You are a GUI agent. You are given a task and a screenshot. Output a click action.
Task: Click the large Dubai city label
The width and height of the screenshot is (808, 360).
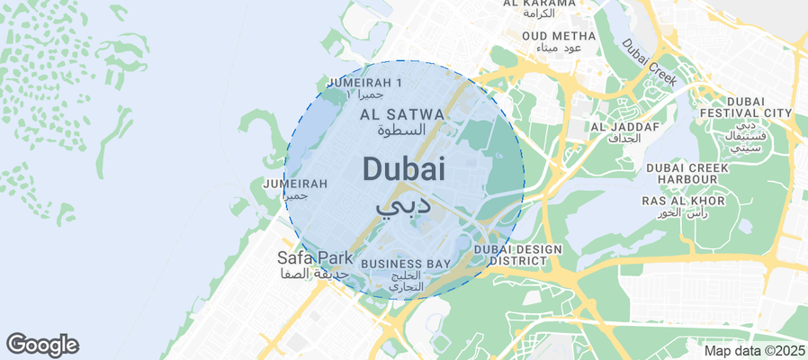pyautogui.click(x=404, y=169)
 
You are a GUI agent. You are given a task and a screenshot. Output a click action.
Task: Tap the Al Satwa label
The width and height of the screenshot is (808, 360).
pyautogui.click(x=402, y=114)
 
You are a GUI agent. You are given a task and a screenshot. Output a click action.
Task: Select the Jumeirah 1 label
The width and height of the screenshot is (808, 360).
pyautogui.click(x=365, y=83)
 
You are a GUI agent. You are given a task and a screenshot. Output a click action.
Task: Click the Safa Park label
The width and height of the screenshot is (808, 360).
pyautogui.click(x=315, y=258)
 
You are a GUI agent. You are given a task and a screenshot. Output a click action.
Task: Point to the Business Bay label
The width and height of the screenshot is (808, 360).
pyautogui.click(x=405, y=264)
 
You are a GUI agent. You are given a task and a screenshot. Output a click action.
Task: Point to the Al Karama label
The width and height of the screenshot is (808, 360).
pyautogui.click(x=539, y=4)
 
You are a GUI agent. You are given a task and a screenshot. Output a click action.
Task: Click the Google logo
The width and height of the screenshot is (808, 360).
pyautogui.click(x=41, y=344)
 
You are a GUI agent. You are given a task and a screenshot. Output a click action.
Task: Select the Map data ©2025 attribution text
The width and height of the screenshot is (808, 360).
pyautogui.click(x=754, y=350)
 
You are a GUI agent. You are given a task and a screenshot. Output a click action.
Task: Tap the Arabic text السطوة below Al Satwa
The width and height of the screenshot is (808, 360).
pyautogui.click(x=401, y=130)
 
